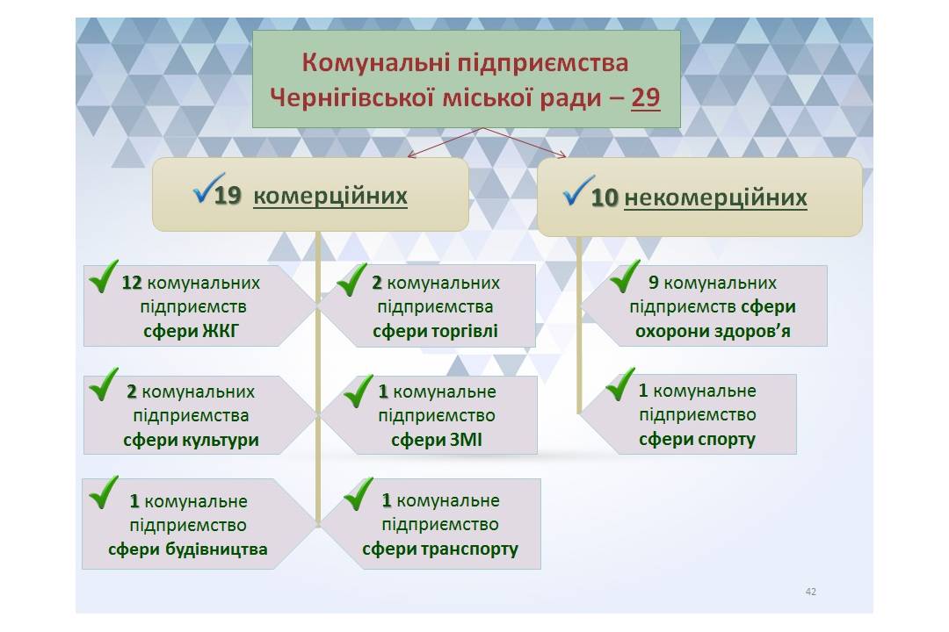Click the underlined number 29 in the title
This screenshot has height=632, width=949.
click(x=645, y=98)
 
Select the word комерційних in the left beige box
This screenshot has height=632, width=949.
click(x=330, y=196)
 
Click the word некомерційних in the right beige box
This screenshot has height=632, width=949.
click(x=715, y=197)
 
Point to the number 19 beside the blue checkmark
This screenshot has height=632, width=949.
click(x=227, y=196)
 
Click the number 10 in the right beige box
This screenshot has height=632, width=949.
click(x=604, y=197)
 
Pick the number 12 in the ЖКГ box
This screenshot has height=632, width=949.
click(x=131, y=283)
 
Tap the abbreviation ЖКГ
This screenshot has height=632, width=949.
click(x=221, y=331)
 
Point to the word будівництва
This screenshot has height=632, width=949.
click(x=216, y=549)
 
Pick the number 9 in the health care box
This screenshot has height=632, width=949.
click(x=654, y=283)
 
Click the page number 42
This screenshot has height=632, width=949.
click(x=811, y=592)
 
